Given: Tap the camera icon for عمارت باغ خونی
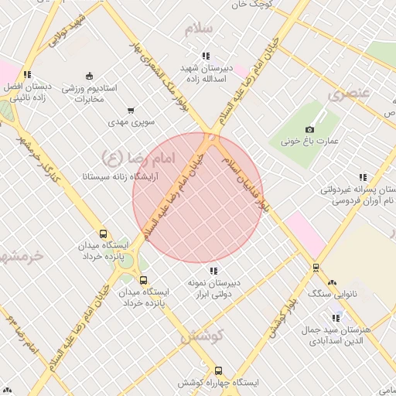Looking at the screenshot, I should pyautogui.click(x=310, y=129).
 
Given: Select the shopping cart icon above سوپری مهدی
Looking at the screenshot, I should pyautogui.click(x=131, y=110).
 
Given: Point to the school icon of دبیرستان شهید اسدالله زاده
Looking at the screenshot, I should pyautogui.click(x=205, y=56).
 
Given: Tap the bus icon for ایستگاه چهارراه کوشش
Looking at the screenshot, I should pyautogui.click(x=219, y=371).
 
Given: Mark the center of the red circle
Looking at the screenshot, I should pyautogui.click(x=198, y=198).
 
